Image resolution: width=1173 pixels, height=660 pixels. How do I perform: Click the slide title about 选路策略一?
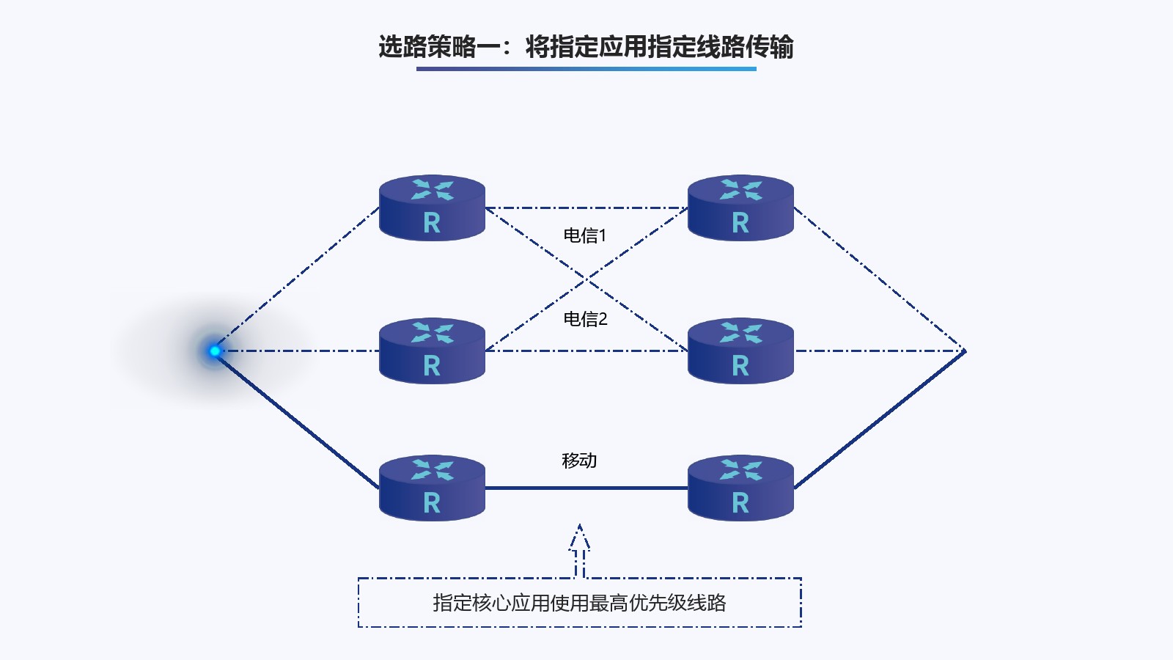[x=586, y=47]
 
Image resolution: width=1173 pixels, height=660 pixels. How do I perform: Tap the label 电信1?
[x=585, y=235]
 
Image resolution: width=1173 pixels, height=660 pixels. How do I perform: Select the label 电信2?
[x=585, y=319]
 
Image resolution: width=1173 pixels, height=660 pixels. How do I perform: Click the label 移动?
[x=579, y=461]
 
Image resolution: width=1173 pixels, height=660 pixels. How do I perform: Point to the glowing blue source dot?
[x=215, y=351]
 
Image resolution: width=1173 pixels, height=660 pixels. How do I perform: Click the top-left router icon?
[x=432, y=208]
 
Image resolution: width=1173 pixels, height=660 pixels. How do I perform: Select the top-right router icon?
[x=740, y=208]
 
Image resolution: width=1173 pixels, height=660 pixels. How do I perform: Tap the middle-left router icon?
[x=432, y=351]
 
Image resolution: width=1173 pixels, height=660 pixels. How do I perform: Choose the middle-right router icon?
[x=740, y=351]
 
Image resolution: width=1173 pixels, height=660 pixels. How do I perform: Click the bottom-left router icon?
[x=432, y=488]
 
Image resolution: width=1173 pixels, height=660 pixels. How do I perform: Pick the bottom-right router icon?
[x=740, y=488]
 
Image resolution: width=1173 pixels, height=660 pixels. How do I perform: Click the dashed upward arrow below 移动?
[x=580, y=550]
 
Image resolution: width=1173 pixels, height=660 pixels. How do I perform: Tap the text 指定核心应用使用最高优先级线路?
[x=579, y=603]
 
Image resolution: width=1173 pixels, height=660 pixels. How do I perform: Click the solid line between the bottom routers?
[x=586, y=488]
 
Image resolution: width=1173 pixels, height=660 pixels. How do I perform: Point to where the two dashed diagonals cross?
[x=586, y=279]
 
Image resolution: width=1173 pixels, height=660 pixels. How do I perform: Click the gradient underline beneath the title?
[x=586, y=69]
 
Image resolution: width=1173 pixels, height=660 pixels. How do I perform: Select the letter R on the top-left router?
[x=432, y=222]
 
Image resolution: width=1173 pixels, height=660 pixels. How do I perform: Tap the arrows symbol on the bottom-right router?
[x=741, y=469]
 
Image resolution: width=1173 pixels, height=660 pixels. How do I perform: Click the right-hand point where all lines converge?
[x=964, y=351]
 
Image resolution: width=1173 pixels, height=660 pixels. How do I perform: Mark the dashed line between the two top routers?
[x=586, y=208]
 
